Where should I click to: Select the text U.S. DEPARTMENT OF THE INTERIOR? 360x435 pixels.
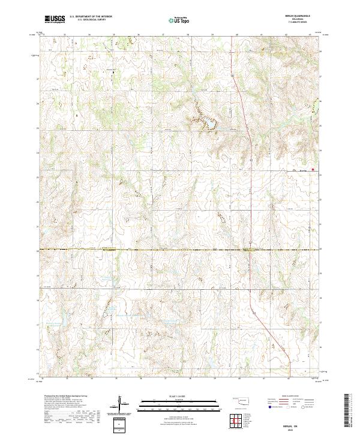(91, 17)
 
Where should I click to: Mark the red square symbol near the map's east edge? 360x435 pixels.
(312, 169)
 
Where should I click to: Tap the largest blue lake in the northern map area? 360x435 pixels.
(211, 124)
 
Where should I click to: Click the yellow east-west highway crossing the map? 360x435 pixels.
(180, 249)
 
